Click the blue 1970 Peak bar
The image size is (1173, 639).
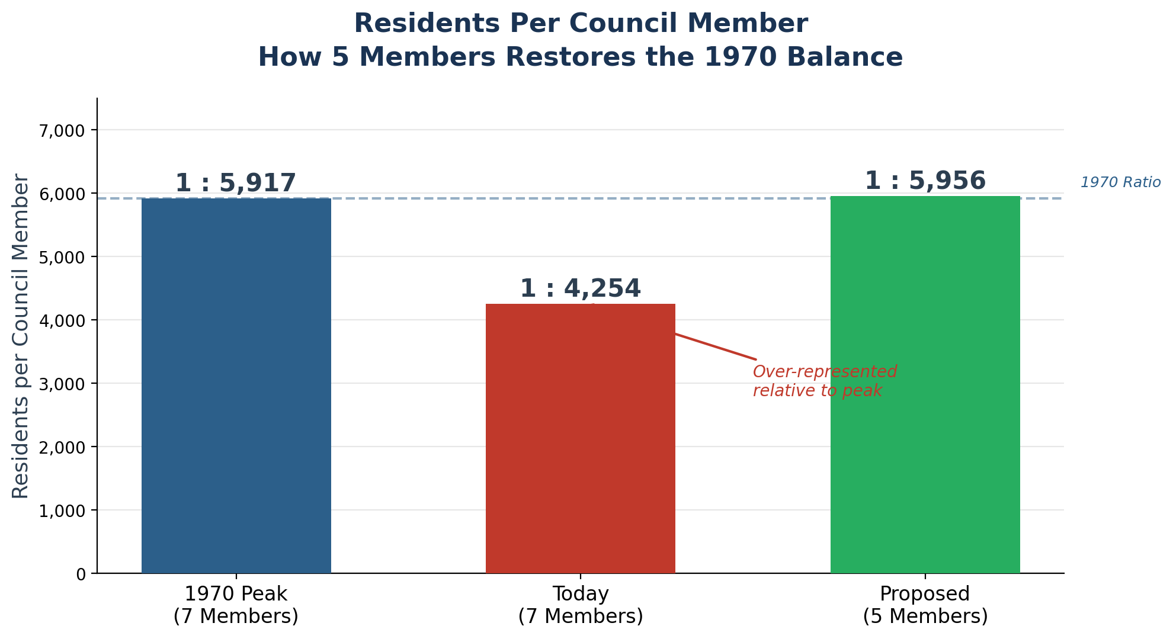236,385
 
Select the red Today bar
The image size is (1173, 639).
580,438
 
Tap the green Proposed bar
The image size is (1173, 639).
925,385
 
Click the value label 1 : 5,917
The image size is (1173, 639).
235,183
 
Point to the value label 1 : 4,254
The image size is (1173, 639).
580,288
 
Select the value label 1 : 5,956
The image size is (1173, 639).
925,181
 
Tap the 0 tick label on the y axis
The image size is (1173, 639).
81,574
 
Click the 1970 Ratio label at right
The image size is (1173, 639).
1120,182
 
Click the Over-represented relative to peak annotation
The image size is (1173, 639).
824,381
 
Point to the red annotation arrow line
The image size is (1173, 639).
714,346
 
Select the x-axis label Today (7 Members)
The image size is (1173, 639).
580,605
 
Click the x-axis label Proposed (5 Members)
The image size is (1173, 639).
925,605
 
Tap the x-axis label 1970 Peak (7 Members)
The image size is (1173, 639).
236,605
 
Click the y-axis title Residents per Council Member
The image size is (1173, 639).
21,336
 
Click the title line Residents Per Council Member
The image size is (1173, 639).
580,24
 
